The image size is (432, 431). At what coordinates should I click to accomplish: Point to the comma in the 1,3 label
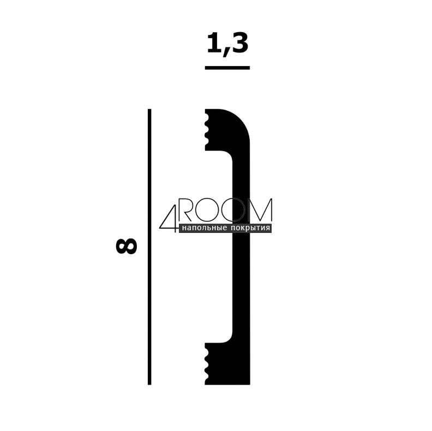(226, 53)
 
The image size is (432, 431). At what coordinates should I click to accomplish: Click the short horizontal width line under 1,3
(227, 68)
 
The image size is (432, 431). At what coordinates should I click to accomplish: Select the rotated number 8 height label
(127, 246)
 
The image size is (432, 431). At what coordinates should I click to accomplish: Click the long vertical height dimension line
(149, 247)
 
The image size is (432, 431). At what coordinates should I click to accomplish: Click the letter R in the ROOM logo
(186, 210)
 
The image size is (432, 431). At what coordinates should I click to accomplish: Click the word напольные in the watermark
(205, 228)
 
